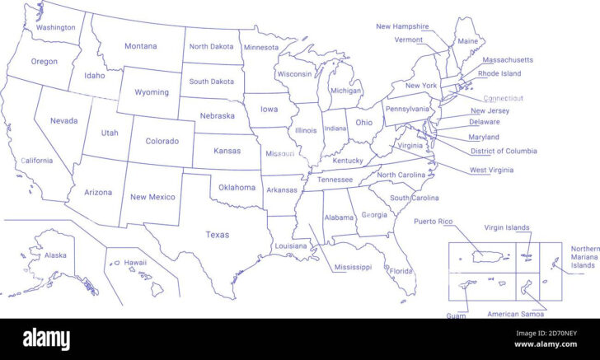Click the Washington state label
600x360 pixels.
(x=55, y=27)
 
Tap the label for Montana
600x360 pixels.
(x=140, y=46)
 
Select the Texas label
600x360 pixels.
(x=218, y=235)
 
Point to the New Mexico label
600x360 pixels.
(x=152, y=197)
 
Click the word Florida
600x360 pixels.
(x=401, y=271)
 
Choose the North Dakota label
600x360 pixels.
(x=211, y=46)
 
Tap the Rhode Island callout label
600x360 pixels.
(x=499, y=73)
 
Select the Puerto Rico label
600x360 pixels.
(x=434, y=221)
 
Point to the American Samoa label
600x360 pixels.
(x=515, y=314)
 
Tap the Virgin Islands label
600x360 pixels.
(x=507, y=227)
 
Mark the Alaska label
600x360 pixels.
(x=55, y=255)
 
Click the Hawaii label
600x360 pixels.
(x=135, y=263)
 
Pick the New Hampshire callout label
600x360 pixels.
(x=402, y=26)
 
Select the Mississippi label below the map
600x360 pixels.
(x=353, y=267)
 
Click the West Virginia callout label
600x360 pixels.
(x=491, y=170)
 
